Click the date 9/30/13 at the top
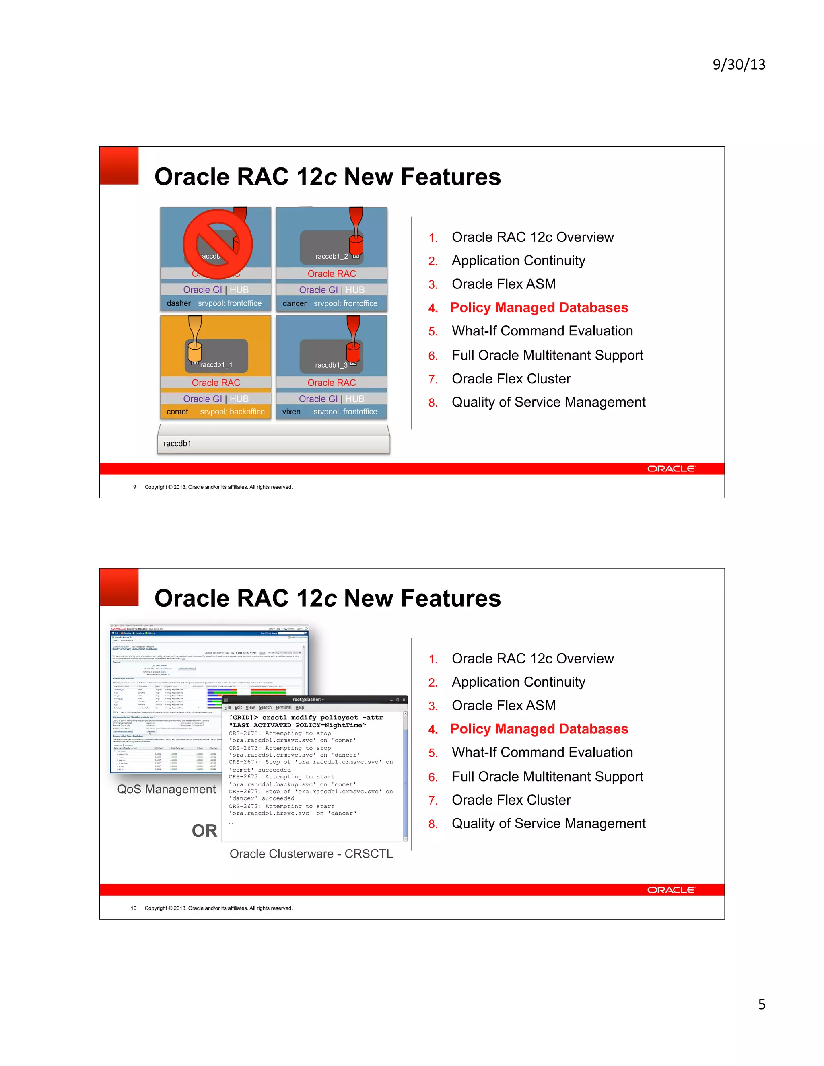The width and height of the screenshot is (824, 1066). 739,64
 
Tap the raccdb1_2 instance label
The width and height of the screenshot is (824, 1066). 332,256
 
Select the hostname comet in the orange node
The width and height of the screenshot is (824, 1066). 177,412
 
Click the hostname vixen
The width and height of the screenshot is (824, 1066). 291,412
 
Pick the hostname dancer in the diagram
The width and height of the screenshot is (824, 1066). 295,303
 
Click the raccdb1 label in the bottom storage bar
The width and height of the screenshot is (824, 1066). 177,443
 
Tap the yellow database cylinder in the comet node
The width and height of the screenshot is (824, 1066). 194,352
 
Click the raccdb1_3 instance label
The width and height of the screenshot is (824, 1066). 332,365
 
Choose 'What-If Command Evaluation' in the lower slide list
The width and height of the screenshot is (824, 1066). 542,752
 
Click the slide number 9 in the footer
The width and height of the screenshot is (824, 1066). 135,487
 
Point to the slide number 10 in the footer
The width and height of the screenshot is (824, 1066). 133,908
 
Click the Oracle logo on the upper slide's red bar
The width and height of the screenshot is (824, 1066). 670,469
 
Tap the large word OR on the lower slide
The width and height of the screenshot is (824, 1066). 204,830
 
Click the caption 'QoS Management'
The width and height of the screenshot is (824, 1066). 166,789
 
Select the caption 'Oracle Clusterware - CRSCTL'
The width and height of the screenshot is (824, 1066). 311,853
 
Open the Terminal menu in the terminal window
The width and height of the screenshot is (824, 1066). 283,707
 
